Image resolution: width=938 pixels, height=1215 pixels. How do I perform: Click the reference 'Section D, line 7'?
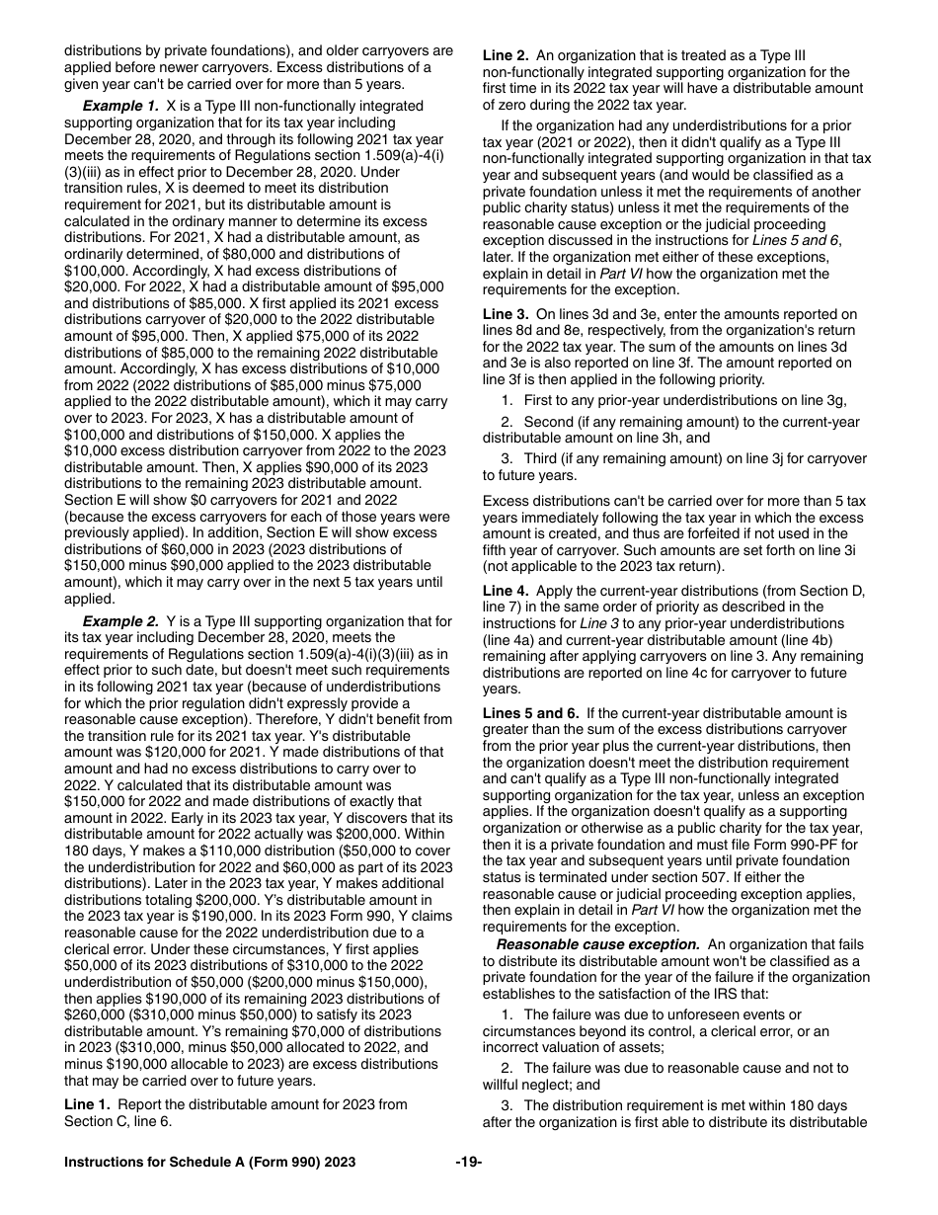click(809, 591)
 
